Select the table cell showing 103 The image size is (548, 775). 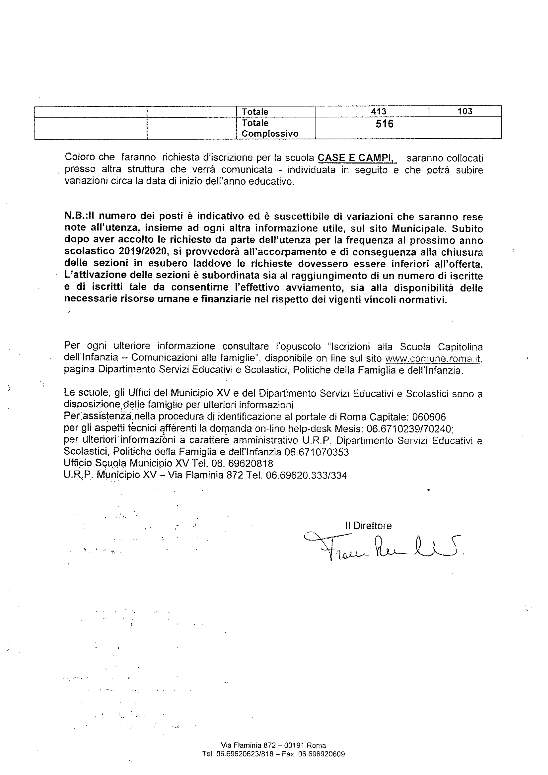[x=465, y=111]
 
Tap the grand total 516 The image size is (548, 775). [x=385, y=124]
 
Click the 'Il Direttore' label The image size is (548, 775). [x=368, y=526]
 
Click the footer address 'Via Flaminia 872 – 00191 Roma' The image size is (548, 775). [x=273, y=745]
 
